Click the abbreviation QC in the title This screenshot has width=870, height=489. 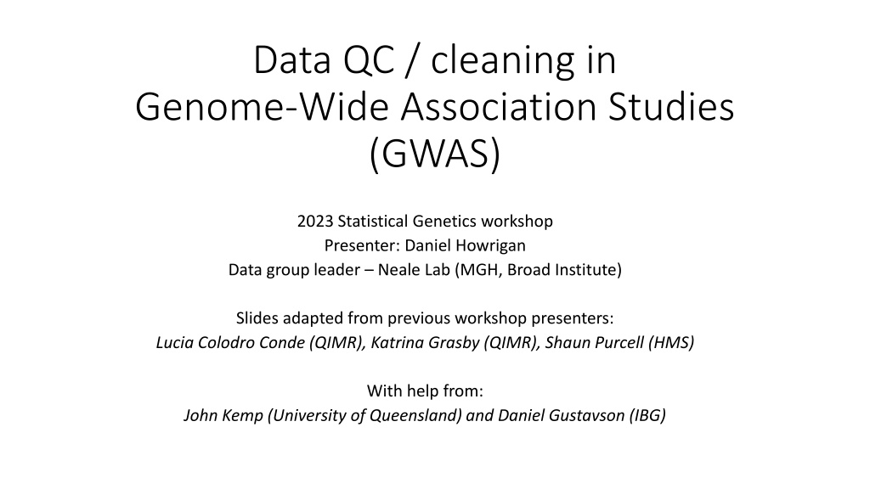click(369, 60)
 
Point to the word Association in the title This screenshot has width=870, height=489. click(500, 107)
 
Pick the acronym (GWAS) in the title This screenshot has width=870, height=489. click(435, 155)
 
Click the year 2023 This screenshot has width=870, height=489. click(315, 222)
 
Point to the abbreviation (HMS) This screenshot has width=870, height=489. click(671, 343)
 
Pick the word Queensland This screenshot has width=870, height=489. click(415, 416)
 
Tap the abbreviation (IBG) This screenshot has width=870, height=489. click(647, 416)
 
